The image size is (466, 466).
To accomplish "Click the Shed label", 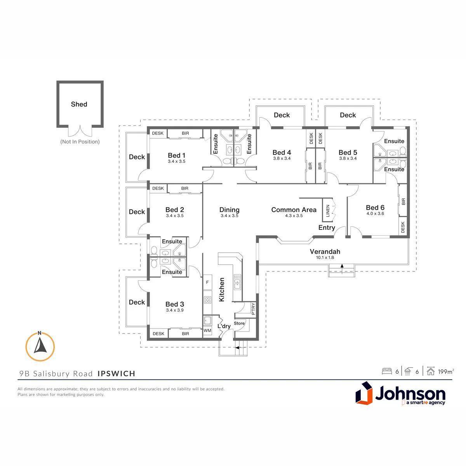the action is click(x=79, y=104).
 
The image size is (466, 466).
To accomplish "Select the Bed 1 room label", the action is click(x=177, y=155).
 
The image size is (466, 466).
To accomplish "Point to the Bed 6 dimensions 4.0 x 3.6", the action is click(x=375, y=213).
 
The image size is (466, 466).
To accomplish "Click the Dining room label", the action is click(x=229, y=210).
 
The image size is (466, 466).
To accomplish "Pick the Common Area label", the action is click(x=294, y=210).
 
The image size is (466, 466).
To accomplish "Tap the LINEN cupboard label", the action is click(x=328, y=210).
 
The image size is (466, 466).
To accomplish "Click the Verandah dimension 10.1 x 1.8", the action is click(x=325, y=257).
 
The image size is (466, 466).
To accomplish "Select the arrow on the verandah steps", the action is click(x=342, y=269).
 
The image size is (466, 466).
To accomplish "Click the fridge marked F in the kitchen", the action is click(x=207, y=282).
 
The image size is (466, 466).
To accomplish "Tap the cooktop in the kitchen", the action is click(x=207, y=300).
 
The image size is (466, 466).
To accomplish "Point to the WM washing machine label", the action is click(x=207, y=330).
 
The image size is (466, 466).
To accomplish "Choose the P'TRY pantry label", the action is click(x=253, y=309).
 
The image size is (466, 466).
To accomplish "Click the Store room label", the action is click(x=239, y=323).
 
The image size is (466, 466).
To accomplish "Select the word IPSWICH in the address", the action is click(x=116, y=373).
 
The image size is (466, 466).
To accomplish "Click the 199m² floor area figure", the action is click(x=446, y=372).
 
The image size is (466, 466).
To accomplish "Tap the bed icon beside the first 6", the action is click(x=387, y=371).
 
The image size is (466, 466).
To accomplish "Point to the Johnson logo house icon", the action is click(x=364, y=393).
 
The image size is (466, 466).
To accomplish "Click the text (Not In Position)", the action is click(x=80, y=141).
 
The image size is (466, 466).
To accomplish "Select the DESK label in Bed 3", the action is click(x=158, y=334).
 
